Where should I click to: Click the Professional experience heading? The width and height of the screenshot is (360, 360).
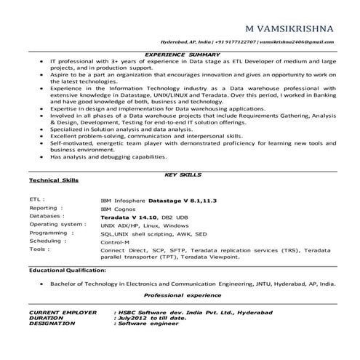coord(182,295)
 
